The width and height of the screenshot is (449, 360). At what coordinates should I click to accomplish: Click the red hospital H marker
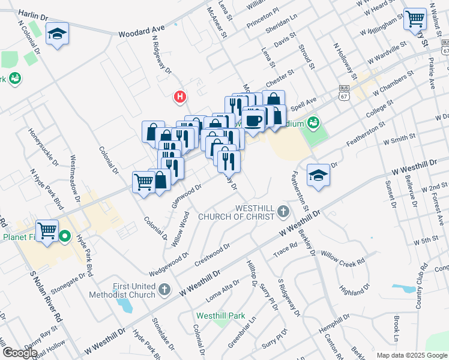[x=179, y=96]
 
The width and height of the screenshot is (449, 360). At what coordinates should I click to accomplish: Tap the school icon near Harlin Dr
[x=57, y=34]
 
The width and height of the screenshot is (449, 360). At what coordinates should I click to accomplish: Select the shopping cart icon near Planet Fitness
[x=47, y=230]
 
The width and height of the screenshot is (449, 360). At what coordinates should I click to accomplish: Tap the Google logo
[x=20, y=353]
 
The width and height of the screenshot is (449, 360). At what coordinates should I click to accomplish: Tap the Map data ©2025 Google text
[x=412, y=355]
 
